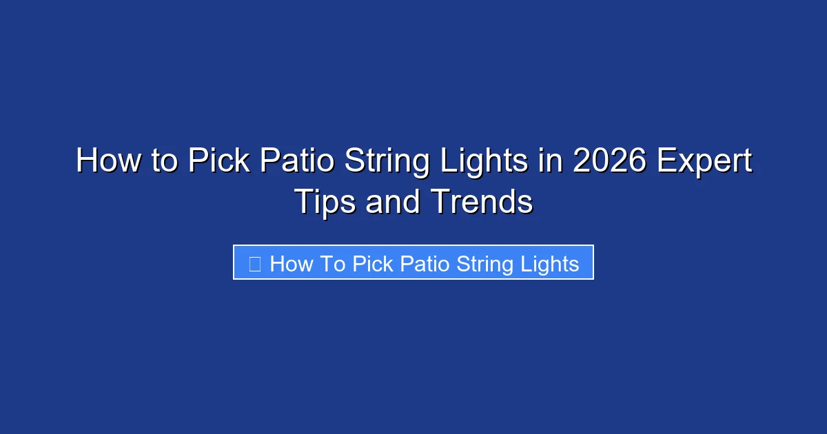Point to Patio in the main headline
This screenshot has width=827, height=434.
[x=298, y=161]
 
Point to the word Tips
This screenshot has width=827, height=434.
[x=323, y=203]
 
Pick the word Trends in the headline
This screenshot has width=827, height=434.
[x=482, y=203]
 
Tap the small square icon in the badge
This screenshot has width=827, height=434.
[x=254, y=263]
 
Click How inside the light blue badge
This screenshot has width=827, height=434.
[x=292, y=263]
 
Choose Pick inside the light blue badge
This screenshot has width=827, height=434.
[x=372, y=263]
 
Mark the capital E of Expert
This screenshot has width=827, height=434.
[x=666, y=161]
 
